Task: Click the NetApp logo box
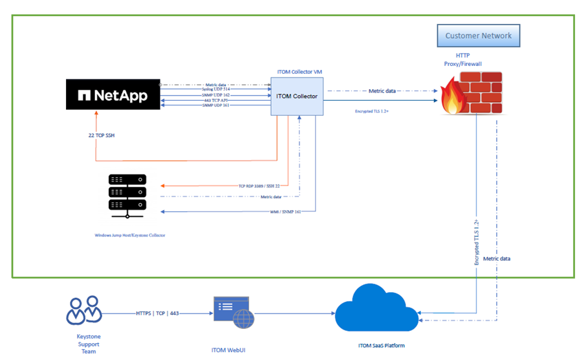coord(113,96)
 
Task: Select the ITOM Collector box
coord(297,96)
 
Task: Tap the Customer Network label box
coord(478,36)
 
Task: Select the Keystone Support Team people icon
coord(85,311)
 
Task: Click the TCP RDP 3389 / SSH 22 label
coord(263,185)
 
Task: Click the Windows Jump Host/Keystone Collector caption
coord(129,235)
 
